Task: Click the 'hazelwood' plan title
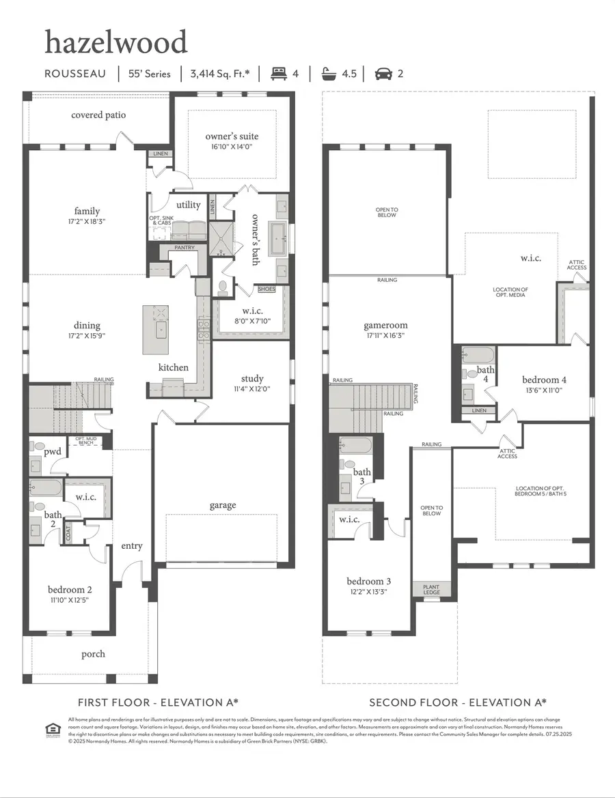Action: [115, 42]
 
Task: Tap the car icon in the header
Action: [383, 73]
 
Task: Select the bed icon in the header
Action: [278, 73]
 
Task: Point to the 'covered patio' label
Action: [98, 115]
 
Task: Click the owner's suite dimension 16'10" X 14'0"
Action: [232, 146]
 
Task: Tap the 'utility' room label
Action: [188, 205]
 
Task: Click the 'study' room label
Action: [252, 378]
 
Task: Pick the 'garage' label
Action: [223, 505]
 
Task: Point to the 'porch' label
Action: [94, 654]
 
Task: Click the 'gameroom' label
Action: [385, 326]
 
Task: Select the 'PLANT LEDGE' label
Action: [431, 589]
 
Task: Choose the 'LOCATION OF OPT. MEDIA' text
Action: [510, 292]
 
